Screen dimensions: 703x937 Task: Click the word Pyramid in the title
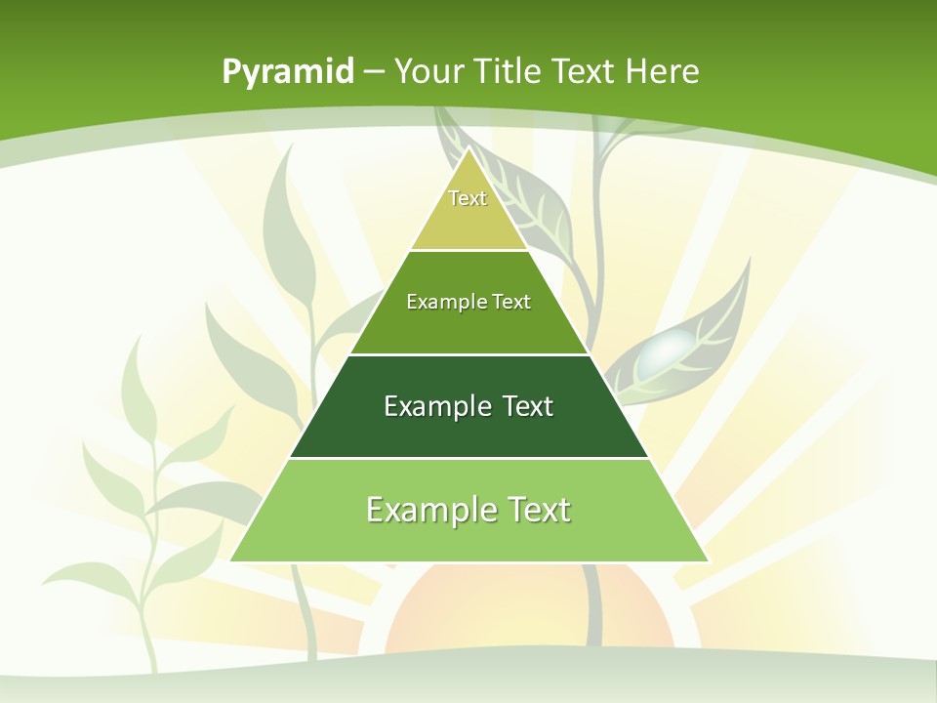288,72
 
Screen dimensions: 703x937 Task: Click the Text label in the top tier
468,198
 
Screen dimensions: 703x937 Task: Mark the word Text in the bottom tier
538,510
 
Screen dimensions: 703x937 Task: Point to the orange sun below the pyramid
527,615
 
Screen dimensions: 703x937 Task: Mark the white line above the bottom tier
469,458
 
